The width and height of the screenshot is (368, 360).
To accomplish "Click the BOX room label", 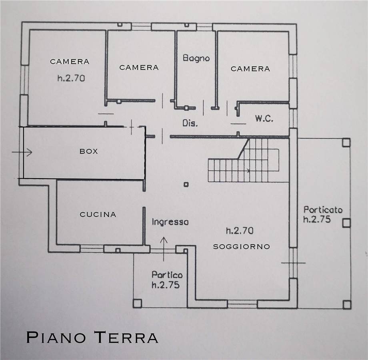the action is [x=89, y=151].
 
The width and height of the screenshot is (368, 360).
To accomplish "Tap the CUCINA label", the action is [x=98, y=214].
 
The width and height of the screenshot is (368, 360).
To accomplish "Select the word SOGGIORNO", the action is [x=242, y=247].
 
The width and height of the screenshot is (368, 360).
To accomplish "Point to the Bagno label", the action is [x=196, y=58].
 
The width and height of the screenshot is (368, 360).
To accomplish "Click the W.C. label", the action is [x=264, y=119].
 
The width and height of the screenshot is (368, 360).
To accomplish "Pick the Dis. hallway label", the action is [x=190, y=123].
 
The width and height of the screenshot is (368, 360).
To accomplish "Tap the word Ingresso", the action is [x=170, y=222].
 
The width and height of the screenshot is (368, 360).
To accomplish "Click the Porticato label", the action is [x=323, y=209].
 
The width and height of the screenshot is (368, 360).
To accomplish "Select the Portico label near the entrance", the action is [x=167, y=274].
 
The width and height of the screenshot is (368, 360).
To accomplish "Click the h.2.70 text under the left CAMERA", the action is [x=71, y=78].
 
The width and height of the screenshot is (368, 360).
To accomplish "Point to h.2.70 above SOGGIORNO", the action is [x=240, y=231].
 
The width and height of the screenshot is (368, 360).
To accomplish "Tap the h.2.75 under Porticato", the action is [x=317, y=219].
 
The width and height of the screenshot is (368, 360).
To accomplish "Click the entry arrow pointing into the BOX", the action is [x=22, y=152].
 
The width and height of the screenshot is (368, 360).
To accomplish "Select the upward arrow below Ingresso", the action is [x=164, y=249].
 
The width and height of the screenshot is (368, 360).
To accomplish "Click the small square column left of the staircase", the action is [x=186, y=185].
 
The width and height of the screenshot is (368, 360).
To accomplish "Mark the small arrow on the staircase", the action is [x=248, y=171].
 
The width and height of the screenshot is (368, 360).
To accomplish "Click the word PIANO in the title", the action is [x=56, y=337].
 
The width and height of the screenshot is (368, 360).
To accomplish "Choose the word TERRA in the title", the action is [x=126, y=337].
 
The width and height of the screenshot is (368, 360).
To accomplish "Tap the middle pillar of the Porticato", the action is [x=346, y=223].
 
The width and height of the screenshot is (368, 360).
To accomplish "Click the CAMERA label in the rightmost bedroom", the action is [x=250, y=69].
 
